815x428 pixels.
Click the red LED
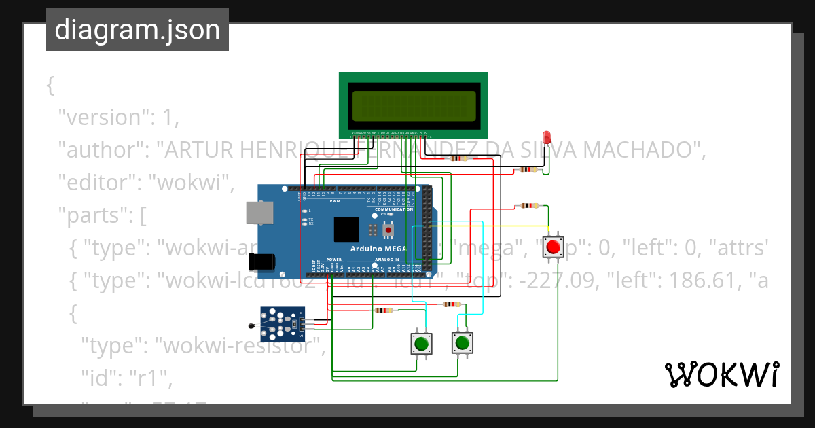point(547,137)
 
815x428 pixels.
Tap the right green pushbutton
point(462,342)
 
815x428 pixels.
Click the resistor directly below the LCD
point(460,159)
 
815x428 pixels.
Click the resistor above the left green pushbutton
point(383,310)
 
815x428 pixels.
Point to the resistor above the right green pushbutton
point(452,304)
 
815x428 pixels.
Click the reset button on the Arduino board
point(388,230)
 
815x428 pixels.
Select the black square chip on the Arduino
point(346,229)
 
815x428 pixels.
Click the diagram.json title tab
point(137,30)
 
